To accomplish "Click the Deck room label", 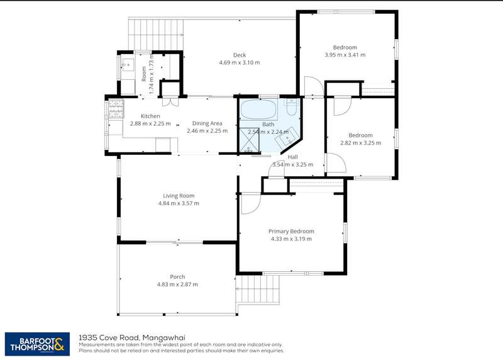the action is pyautogui.click(x=240, y=55).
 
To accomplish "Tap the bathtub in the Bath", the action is pyautogui.click(x=258, y=109).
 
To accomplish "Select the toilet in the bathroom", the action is pyautogui.click(x=292, y=107).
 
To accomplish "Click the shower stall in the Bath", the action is pyautogui.click(x=249, y=140).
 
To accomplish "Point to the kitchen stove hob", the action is pyautogui.click(x=116, y=109).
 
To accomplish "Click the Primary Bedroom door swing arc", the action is pyautogui.click(x=251, y=204).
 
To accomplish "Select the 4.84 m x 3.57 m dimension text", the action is pyautogui.click(x=179, y=203).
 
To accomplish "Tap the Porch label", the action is pyautogui.click(x=177, y=276).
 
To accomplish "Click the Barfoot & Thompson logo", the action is pyautogui.click(x=37, y=344).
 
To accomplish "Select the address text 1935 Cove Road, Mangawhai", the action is pyautogui.click(x=132, y=337).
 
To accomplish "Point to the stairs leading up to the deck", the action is pyautogui.click(x=156, y=34).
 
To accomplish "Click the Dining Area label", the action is pyautogui.click(x=207, y=123).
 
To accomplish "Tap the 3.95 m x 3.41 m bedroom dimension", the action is pyautogui.click(x=345, y=55).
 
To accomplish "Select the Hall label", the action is pyautogui.click(x=292, y=157).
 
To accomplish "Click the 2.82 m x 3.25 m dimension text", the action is pyautogui.click(x=360, y=143).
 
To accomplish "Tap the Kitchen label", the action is pyautogui.click(x=150, y=116).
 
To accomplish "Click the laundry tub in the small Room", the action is pyautogui.click(x=128, y=65).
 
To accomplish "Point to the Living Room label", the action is pyautogui.click(x=179, y=196).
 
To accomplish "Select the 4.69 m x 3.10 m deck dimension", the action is pyautogui.click(x=240, y=63).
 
